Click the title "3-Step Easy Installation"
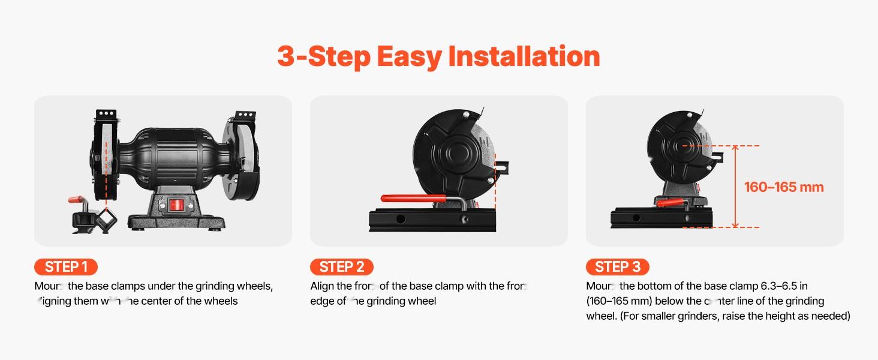click(438, 56)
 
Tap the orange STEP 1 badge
click(65, 267)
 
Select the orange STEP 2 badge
click(341, 267)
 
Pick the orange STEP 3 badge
click(617, 267)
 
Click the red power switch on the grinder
click(176, 206)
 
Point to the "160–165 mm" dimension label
click(784, 187)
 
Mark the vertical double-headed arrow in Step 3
click(736, 187)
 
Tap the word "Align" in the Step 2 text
click(322, 286)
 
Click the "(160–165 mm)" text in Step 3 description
click(618, 301)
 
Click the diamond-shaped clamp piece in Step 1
click(107, 223)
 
